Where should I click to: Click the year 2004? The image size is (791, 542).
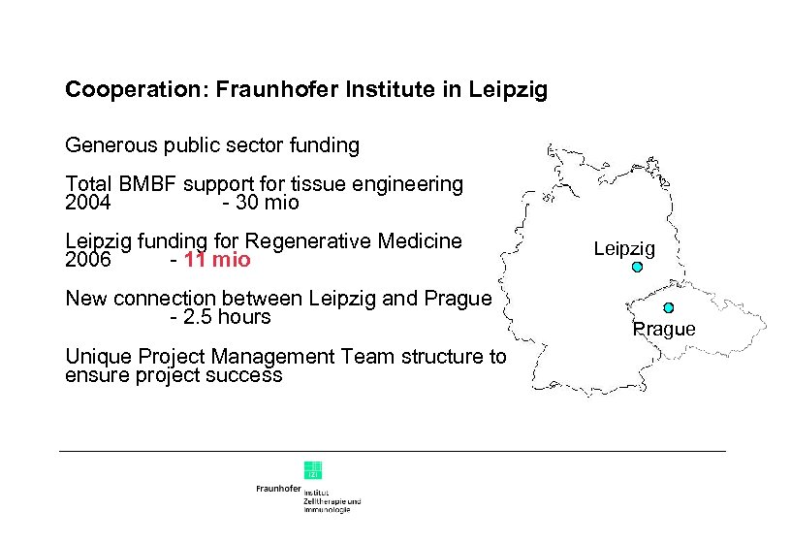point(87,204)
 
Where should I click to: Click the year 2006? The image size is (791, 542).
point(87,261)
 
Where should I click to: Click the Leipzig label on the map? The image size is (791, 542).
point(624,249)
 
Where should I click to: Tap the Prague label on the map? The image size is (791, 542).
point(664,330)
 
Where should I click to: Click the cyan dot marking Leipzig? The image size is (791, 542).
point(637,267)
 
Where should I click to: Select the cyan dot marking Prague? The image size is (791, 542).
point(668,307)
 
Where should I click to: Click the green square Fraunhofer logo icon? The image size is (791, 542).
point(313,469)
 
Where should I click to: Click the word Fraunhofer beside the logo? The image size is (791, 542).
point(278,490)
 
